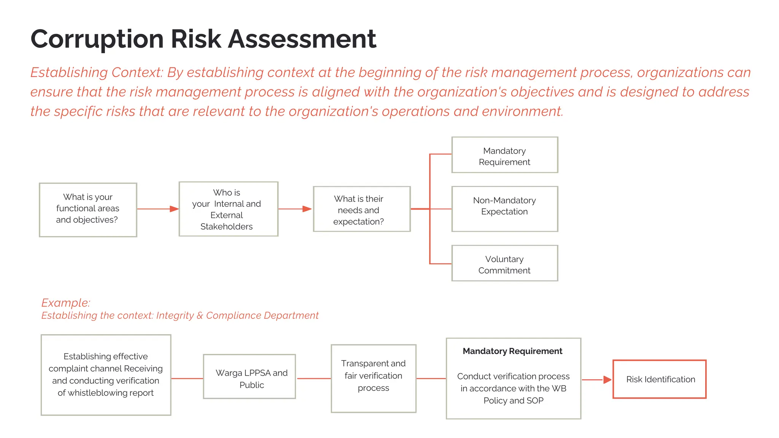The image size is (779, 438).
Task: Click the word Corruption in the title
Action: (97, 39)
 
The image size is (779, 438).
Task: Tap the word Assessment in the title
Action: (302, 39)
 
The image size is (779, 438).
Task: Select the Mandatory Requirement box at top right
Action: (504, 155)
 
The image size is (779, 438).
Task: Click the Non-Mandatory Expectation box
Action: (504, 209)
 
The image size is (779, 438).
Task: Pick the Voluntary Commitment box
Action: (504, 263)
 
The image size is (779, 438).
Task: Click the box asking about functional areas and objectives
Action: (88, 209)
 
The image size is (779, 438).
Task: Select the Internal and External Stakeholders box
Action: (228, 209)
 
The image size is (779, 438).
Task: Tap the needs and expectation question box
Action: (361, 209)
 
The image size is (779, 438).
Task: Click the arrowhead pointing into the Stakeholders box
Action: (174, 209)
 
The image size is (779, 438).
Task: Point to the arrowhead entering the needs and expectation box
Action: (307, 209)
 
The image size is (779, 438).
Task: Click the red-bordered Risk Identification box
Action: (659, 379)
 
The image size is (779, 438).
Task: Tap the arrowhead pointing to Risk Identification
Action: (607, 379)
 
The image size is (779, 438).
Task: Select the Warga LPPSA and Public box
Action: (249, 376)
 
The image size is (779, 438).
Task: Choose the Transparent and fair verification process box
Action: (373, 378)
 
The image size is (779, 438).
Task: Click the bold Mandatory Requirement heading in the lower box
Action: (512, 351)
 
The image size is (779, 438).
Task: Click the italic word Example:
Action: (65, 303)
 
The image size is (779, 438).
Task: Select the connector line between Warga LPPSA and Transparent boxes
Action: (313, 378)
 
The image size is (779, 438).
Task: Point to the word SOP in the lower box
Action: (535, 401)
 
